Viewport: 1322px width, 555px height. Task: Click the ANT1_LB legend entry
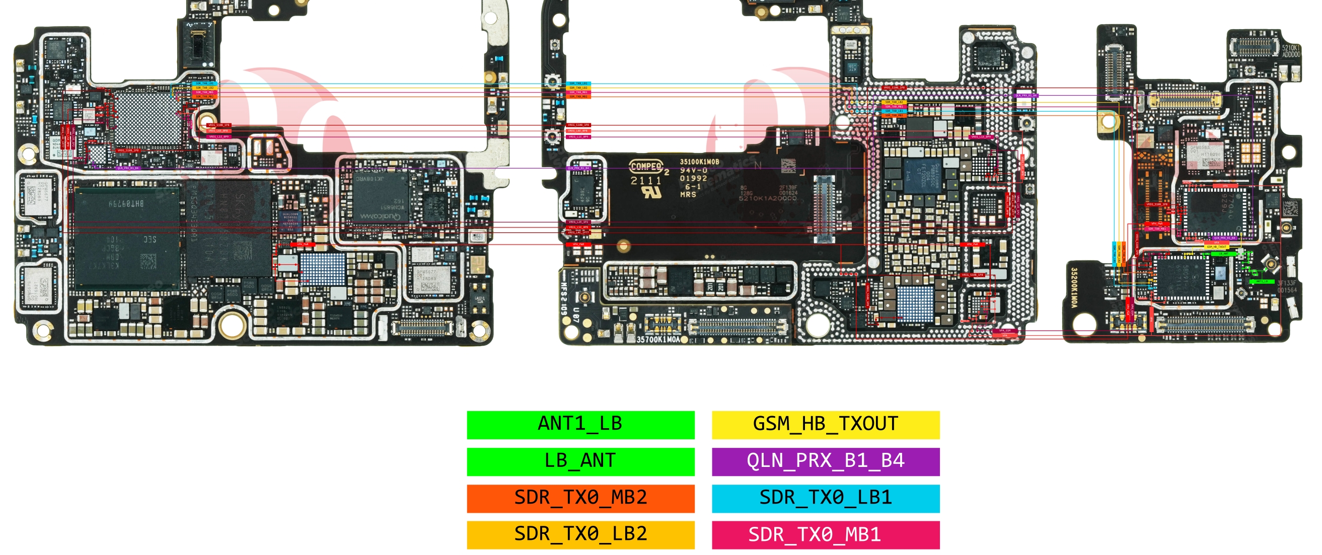coord(580,425)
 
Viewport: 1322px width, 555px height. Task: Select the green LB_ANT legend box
coord(580,461)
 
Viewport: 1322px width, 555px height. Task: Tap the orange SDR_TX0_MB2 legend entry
coord(580,498)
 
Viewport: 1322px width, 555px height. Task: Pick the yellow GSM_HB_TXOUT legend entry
coord(825,425)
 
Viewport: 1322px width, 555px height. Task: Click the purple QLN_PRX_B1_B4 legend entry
coord(825,461)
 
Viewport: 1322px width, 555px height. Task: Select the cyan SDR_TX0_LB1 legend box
coord(825,498)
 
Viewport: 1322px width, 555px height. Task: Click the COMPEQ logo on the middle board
coord(646,166)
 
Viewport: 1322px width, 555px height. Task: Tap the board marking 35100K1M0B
coord(699,162)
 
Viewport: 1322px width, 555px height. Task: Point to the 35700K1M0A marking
coord(658,339)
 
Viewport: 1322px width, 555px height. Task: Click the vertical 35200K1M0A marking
coord(1074,288)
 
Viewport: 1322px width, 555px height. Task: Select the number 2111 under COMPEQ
coord(645,181)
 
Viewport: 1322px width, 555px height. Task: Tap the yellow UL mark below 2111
coord(652,193)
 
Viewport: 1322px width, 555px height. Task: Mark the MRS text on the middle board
coord(688,194)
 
